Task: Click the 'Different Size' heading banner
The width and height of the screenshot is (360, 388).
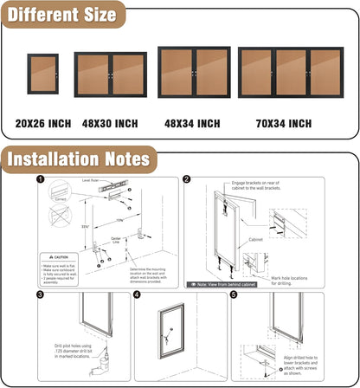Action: pos(61,15)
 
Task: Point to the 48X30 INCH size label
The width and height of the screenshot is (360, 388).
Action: pos(111,124)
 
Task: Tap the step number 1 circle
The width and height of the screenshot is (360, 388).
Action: pos(40,180)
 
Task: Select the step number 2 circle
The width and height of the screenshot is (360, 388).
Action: pos(187,180)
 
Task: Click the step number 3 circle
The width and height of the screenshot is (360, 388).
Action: pos(40,295)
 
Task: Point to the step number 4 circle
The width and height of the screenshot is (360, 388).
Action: pos(138,295)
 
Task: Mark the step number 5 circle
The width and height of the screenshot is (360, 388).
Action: pos(234,295)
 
